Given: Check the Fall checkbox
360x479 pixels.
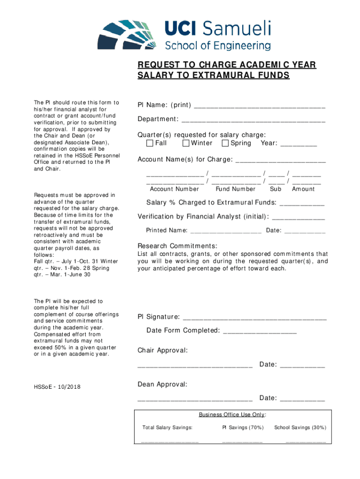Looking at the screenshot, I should (150, 143).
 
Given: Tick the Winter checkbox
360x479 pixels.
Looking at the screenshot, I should (186, 143).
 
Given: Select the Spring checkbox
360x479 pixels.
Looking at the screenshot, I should (225, 143).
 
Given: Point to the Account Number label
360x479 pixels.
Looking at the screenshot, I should (174, 189).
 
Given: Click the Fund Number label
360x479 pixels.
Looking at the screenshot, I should (236, 189).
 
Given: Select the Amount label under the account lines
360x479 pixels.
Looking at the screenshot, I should (303, 189).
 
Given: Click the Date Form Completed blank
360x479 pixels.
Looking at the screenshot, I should (260, 331).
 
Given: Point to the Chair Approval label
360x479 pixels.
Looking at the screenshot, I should (163, 350).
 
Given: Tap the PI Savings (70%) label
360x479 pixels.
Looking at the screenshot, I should (243, 428).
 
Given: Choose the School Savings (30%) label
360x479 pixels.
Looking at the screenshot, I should (300, 428).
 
